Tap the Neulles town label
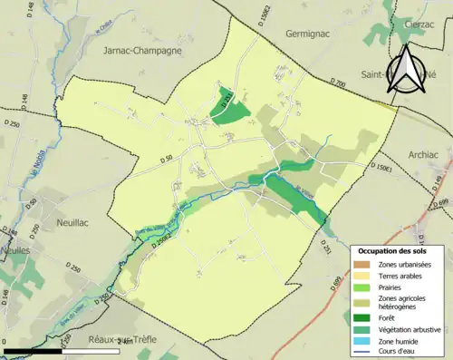pos(15,248)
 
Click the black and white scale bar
pos(63,350)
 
